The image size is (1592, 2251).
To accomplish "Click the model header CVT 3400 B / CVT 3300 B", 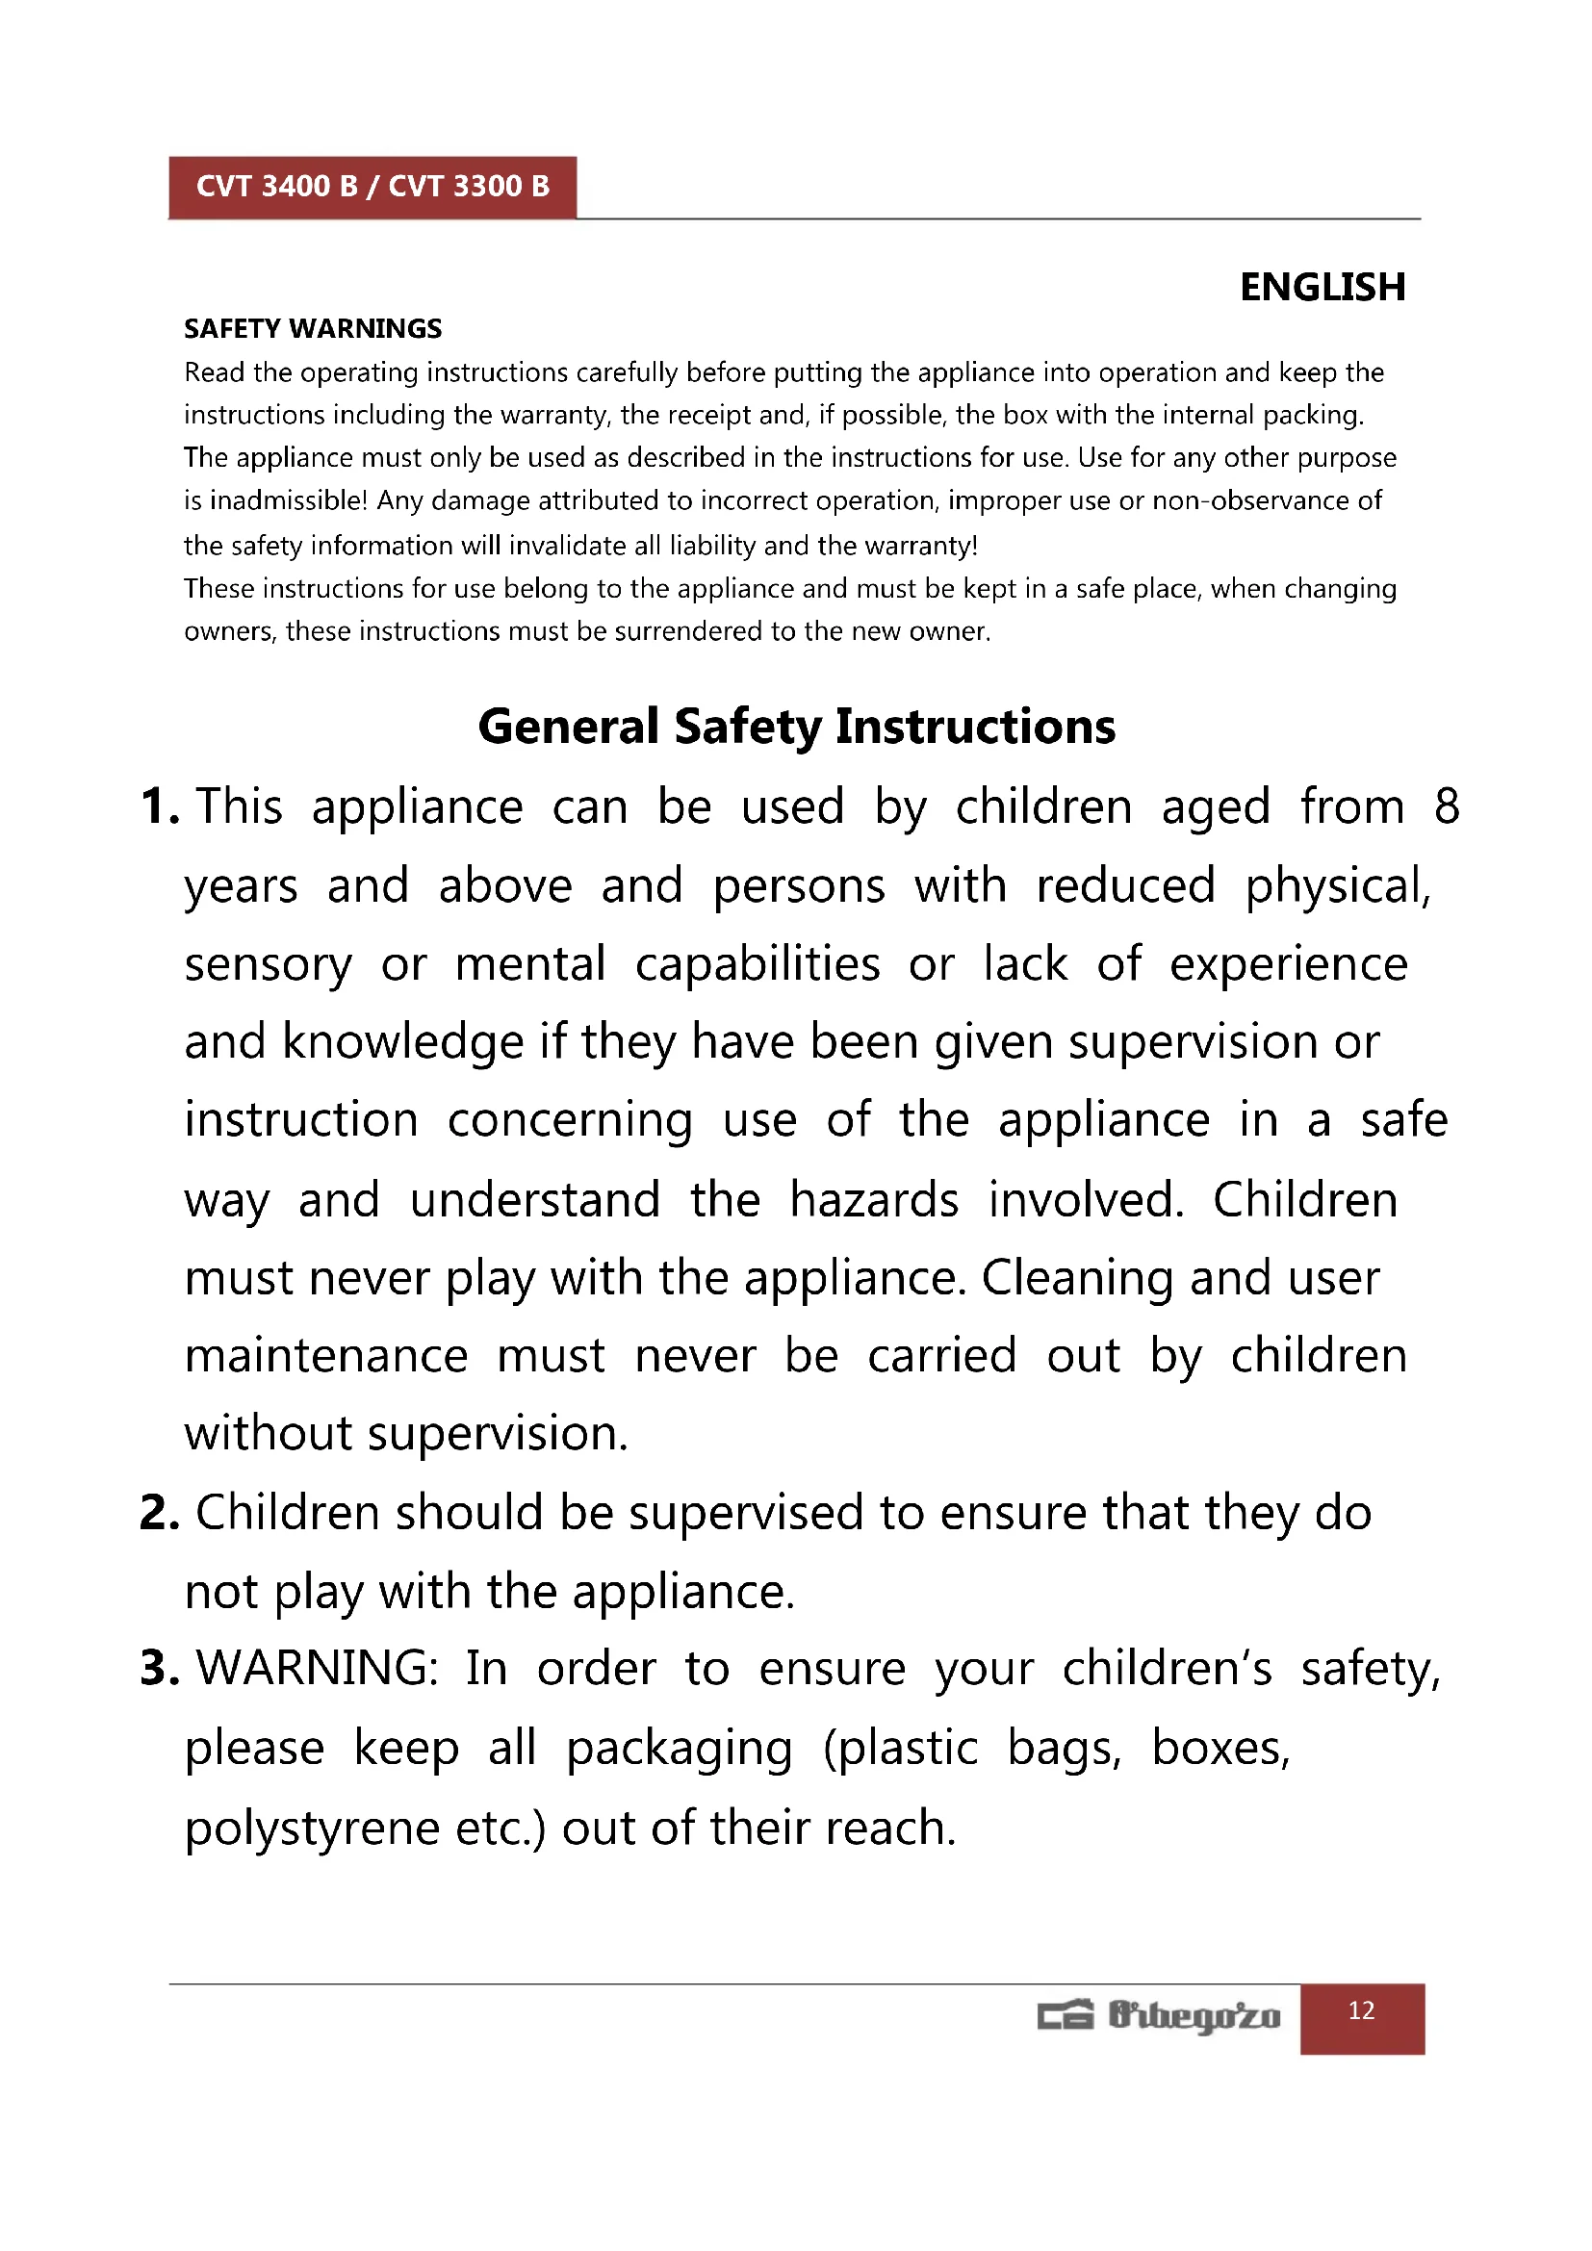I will point(372,187).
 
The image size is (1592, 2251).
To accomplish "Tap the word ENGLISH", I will point(1322,287).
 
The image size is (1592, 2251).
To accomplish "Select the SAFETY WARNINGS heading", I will point(313,328).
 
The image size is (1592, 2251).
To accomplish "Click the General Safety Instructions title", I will point(796,727).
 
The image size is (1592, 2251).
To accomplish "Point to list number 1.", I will point(159,806).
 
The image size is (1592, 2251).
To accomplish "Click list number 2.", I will point(159,1513).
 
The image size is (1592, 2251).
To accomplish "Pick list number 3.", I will point(159,1669).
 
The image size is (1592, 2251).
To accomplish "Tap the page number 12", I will point(1362,2010).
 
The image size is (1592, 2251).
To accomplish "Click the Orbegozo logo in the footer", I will point(1159,2016).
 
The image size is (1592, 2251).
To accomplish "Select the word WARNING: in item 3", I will point(318,1669).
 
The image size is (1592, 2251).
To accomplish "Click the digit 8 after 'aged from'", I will point(1446,806).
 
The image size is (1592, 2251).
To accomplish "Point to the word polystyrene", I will point(313,1829).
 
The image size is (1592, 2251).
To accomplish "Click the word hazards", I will point(873,1200).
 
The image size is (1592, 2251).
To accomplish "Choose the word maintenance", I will point(326,1357).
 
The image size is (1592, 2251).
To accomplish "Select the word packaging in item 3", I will point(680,1749).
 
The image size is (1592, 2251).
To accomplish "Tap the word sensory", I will point(268,964).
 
